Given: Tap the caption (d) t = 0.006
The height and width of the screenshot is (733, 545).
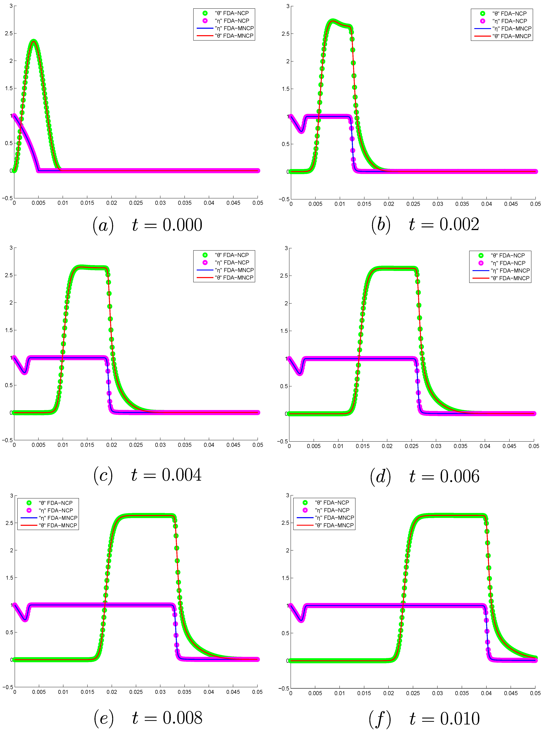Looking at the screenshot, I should pyautogui.click(x=425, y=476).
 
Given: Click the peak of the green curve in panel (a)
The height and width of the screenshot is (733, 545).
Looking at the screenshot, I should pyautogui.click(x=33, y=41).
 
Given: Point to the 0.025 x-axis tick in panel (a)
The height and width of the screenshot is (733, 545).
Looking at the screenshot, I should pyautogui.click(x=136, y=203).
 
